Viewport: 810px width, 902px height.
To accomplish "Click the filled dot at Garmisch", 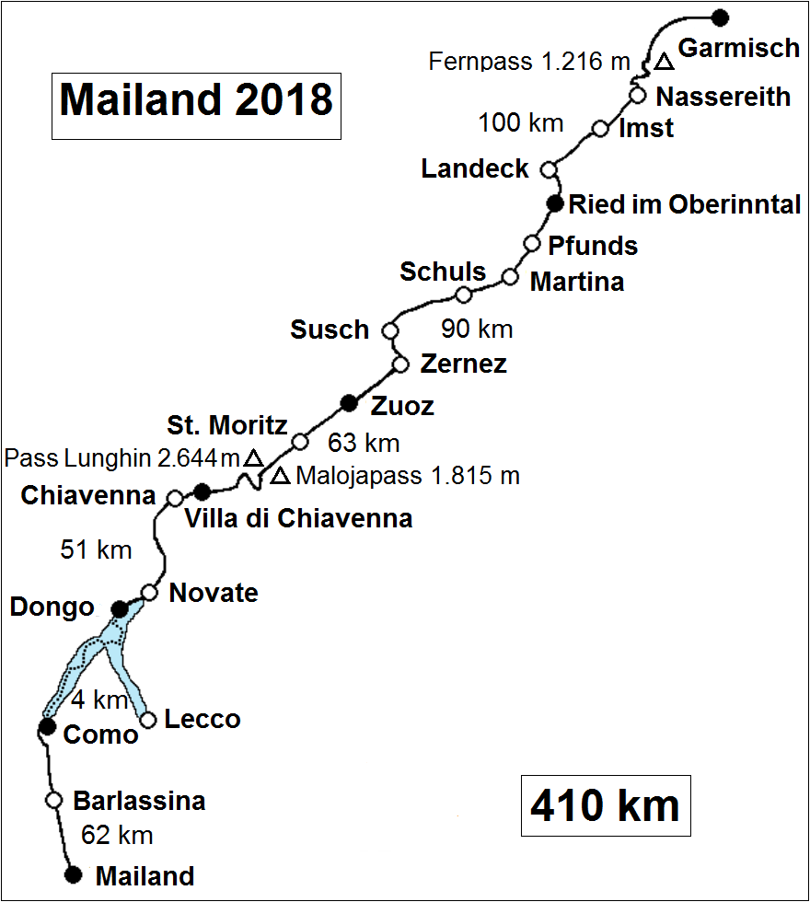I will coord(721,17).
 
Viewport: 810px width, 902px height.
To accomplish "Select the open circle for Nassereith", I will coord(637,94).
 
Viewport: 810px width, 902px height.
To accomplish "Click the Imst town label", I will coord(645,128).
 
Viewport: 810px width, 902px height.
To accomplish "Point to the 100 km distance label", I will coord(521,121).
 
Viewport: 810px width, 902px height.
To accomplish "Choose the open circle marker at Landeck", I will coord(549,169).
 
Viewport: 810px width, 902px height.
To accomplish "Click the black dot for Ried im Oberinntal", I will coord(554,203).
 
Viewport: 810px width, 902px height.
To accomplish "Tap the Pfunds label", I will coord(593,246).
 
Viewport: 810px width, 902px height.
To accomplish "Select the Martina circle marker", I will coord(509,276).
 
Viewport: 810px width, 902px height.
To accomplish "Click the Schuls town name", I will coord(443,272).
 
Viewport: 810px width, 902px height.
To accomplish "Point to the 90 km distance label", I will coord(477,329).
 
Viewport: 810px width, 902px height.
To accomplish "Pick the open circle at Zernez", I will coord(400,364).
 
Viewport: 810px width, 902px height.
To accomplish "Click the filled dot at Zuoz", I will coord(349,402).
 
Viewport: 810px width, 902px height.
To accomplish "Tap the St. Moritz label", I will coord(226,426).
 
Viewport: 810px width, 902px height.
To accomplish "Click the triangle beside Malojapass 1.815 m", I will coord(281,476).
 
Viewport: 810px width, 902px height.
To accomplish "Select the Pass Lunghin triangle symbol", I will coord(253,457).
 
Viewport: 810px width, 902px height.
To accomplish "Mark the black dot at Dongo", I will coord(119,608).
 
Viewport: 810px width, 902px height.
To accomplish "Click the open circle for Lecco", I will coord(147,719).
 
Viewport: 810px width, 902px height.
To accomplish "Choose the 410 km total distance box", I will coord(605,806).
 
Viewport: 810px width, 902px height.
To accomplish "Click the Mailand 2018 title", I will coord(196,99).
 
